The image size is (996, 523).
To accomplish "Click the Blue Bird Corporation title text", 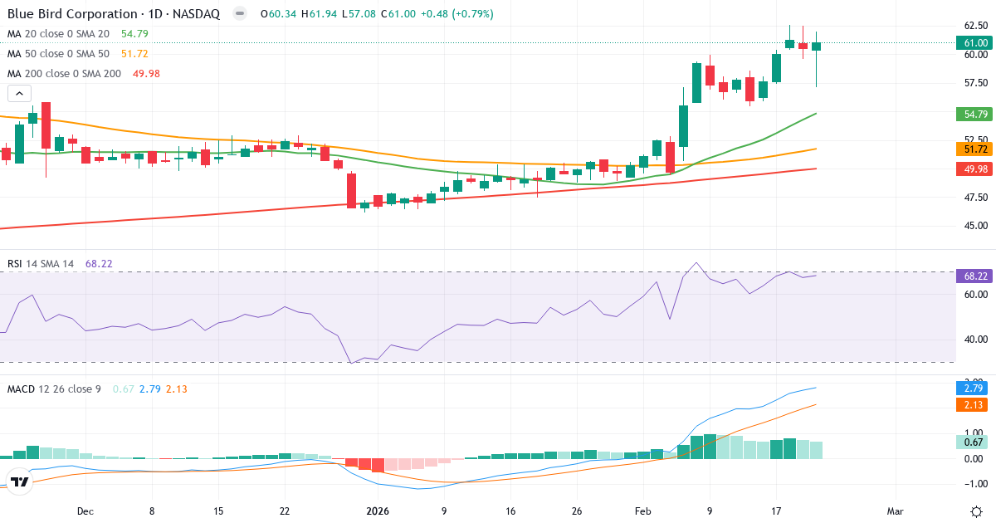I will point(71,14).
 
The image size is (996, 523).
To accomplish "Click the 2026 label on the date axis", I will point(378,511).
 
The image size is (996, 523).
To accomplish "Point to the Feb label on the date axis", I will point(644,511).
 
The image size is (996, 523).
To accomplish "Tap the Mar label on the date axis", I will point(896,511).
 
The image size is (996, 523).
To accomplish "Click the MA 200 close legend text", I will point(63,74).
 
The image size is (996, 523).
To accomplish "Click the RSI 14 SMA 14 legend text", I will point(41,264).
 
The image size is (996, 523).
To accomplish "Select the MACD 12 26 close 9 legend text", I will point(54,389).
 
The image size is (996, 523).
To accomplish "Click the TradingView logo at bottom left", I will point(21,482).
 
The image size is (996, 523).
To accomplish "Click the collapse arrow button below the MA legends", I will point(19,94).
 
